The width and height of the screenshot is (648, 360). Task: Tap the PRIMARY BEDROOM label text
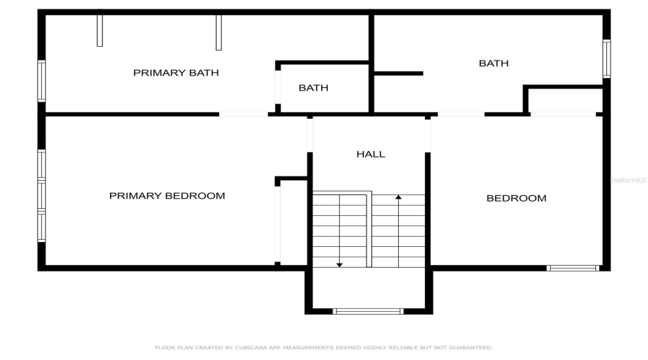(167, 196)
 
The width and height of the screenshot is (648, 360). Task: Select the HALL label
(371, 154)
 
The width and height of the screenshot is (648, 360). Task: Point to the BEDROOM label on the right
(516, 198)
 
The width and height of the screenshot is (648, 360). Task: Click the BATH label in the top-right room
(494, 63)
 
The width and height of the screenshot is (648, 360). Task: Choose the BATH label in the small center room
(313, 88)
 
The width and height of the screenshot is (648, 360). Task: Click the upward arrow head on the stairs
(398, 197)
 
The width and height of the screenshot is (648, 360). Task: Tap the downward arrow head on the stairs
(340, 264)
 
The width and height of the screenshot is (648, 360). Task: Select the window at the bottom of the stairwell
(368, 312)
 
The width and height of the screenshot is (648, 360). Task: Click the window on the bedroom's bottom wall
(572, 269)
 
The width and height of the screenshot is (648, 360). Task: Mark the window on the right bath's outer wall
(606, 59)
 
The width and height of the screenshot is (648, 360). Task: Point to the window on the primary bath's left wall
(42, 81)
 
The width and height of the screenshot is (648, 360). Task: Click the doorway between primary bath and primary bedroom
(243, 114)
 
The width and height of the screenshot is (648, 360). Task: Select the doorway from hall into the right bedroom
(431, 135)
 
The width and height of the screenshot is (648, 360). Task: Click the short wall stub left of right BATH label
(398, 73)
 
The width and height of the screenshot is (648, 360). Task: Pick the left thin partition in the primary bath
(99, 29)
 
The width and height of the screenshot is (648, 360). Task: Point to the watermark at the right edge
(628, 180)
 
